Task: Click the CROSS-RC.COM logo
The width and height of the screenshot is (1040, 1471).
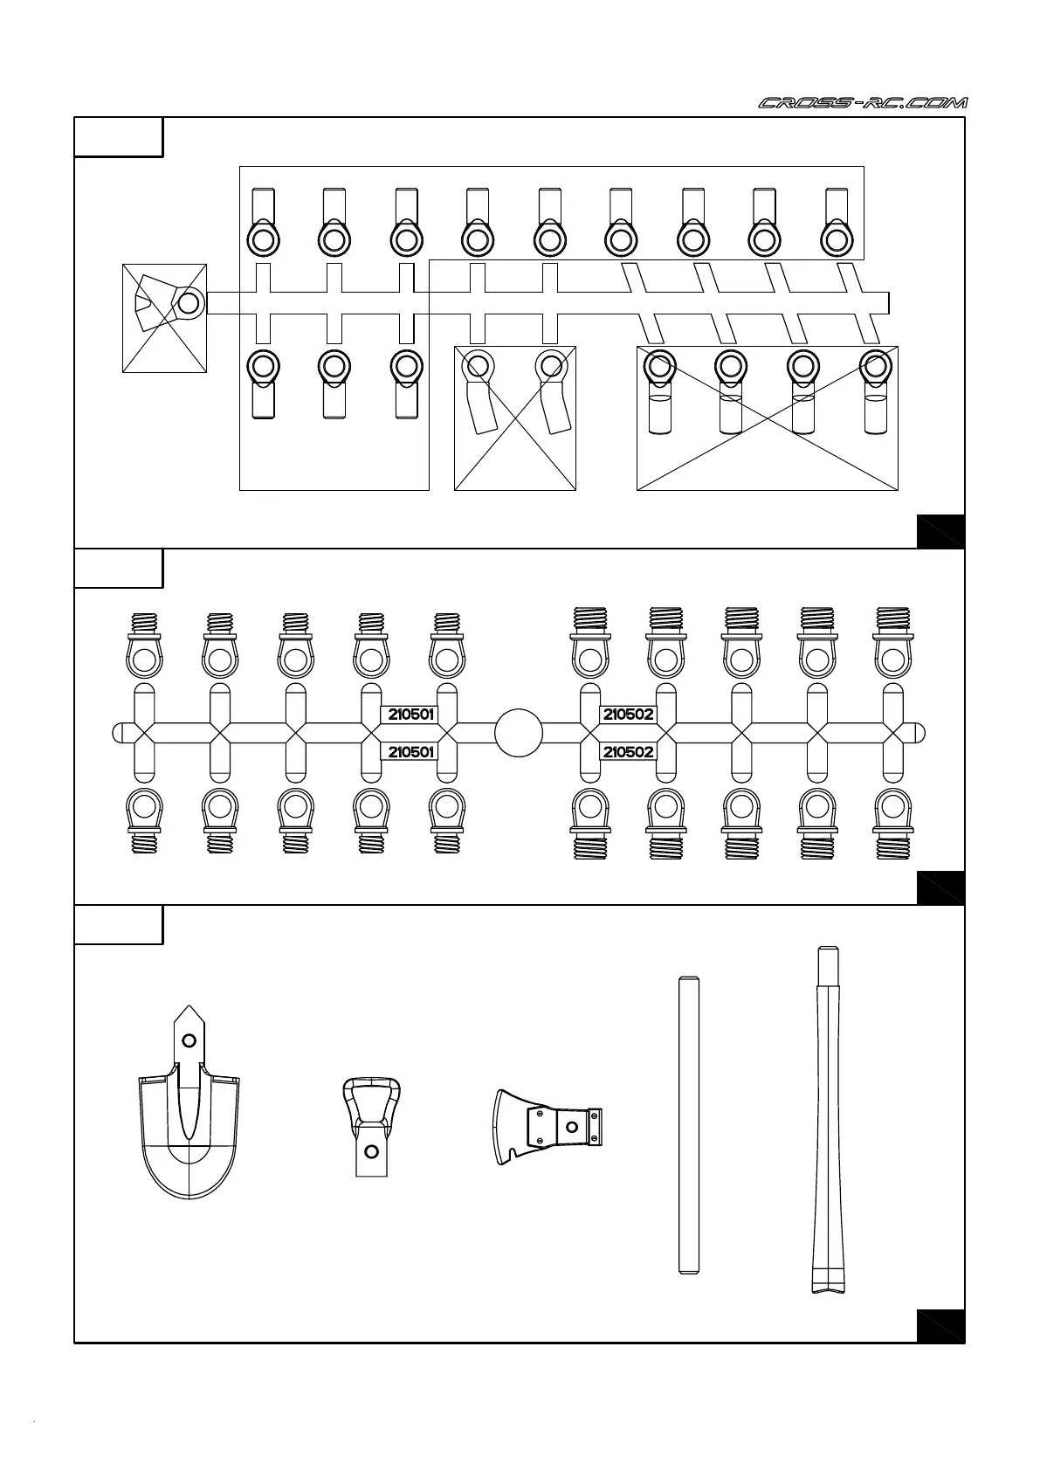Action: click(x=863, y=103)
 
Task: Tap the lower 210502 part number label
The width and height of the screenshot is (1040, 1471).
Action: click(x=628, y=752)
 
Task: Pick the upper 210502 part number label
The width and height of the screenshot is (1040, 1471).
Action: click(x=628, y=715)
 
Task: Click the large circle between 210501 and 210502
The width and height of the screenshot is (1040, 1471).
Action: click(x=519, y=733)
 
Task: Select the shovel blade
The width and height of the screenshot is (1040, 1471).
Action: click(x=189, y=1136)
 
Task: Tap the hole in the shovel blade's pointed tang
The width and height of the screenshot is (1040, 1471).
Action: click(x=188, y=1040)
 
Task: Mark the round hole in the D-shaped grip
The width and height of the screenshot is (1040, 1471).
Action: click(x=371, y=1151)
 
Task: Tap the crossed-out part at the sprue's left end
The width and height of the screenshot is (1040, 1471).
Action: click(x=165, y=317)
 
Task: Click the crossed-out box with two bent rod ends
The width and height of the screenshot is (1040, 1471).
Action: click(x=515, y=418)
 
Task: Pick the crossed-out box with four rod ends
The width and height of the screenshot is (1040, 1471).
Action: click(x=768, y=418)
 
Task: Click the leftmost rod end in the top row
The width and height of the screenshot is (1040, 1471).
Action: click(x=263, y=223)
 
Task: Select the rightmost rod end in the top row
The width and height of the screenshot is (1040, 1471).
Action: click(x=837, y=223)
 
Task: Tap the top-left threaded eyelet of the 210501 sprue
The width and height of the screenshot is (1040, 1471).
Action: click(x=144, y=647)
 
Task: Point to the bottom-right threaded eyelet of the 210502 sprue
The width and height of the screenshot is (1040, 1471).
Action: click(x=892, y=823)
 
